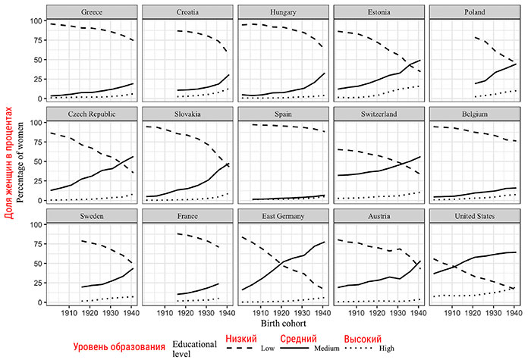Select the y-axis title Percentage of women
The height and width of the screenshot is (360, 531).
point(21,159)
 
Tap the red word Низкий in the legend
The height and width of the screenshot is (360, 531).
point(241,337)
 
